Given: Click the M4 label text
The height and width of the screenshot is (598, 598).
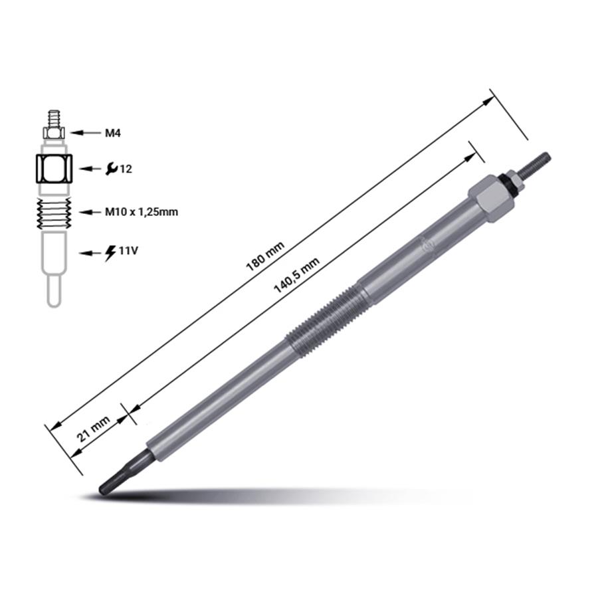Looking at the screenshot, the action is coord(112,133).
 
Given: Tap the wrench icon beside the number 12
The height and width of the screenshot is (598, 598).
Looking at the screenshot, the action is coord(112,169).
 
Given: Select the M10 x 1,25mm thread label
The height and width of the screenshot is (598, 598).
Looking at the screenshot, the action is coord(142,212).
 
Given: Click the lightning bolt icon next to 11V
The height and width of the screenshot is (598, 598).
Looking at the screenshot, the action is coord(110,253).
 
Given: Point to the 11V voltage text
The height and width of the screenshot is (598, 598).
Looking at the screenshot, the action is coord(128,251).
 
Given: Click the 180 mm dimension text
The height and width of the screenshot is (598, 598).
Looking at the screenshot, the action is coord(265,256).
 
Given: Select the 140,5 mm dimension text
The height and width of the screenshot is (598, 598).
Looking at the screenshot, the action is coord(296,274).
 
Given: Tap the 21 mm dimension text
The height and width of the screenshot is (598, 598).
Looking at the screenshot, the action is coord(94,429).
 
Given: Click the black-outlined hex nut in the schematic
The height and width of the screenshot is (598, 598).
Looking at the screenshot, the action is coord(54,169).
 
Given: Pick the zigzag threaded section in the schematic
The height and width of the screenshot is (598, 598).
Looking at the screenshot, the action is coord(54,213).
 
